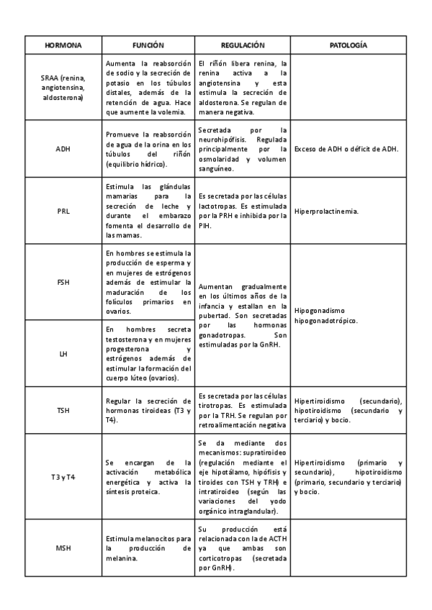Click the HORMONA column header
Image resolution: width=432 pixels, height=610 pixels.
(x=63, y=45)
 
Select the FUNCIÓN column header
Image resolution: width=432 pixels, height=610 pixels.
(x=148, y=45)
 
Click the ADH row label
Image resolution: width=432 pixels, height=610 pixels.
(x=63, y=150)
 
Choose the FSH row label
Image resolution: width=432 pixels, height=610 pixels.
(x=63, y=283)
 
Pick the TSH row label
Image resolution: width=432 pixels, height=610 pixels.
(x=63, y=410)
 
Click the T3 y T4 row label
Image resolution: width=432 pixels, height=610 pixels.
(x=63, y=477)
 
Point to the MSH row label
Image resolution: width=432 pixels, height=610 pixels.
(x=63, y=549)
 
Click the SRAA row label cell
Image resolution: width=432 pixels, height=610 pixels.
(x=63, y=88)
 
